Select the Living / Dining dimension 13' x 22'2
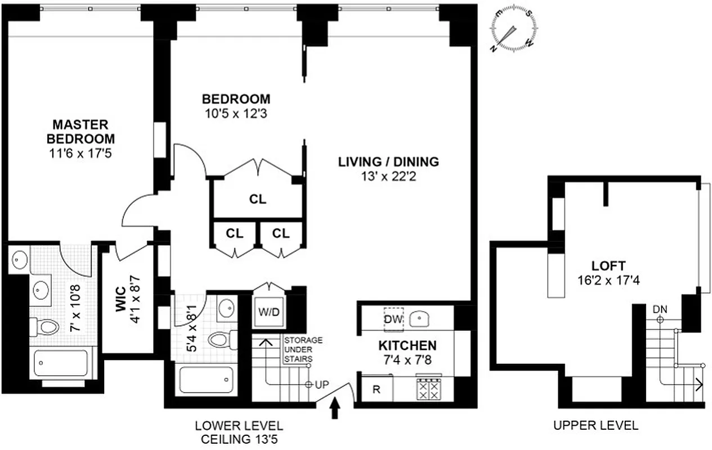[x=388, y=176]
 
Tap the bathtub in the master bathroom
[x=61, y=363]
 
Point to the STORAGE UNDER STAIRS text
[x=303, y=349]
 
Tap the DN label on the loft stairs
[x=660, y=309]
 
